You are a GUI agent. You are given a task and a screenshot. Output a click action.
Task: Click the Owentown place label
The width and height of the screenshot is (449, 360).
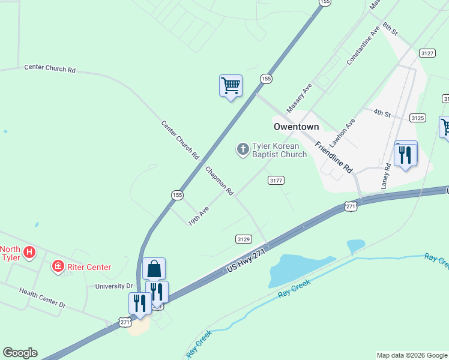coord(296,127)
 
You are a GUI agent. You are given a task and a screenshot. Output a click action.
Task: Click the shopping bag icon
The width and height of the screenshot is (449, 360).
coord(154,269)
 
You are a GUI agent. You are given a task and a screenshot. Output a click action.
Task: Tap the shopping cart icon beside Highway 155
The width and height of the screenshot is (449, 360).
coord(231,86)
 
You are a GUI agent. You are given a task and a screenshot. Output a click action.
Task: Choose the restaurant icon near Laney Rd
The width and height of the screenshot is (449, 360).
coord(406,155)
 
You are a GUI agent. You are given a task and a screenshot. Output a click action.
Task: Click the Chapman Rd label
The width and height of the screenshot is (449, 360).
coord(219,181)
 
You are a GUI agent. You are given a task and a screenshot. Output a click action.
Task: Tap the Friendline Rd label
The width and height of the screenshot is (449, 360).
coord(333,157)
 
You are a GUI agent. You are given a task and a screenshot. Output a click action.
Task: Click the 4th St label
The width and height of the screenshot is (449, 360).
coord(382,113)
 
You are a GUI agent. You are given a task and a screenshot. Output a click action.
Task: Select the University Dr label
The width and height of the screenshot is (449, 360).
coord(113,286)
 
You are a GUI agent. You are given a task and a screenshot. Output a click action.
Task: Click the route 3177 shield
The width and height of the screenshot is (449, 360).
coord(276,180)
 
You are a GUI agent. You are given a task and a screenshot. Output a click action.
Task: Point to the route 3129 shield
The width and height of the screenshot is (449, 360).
coord(243,239)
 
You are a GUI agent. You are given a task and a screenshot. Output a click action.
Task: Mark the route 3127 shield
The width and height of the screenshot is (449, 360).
coord(427,53)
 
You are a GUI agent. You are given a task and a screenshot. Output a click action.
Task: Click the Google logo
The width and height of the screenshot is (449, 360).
coord(20,353)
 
